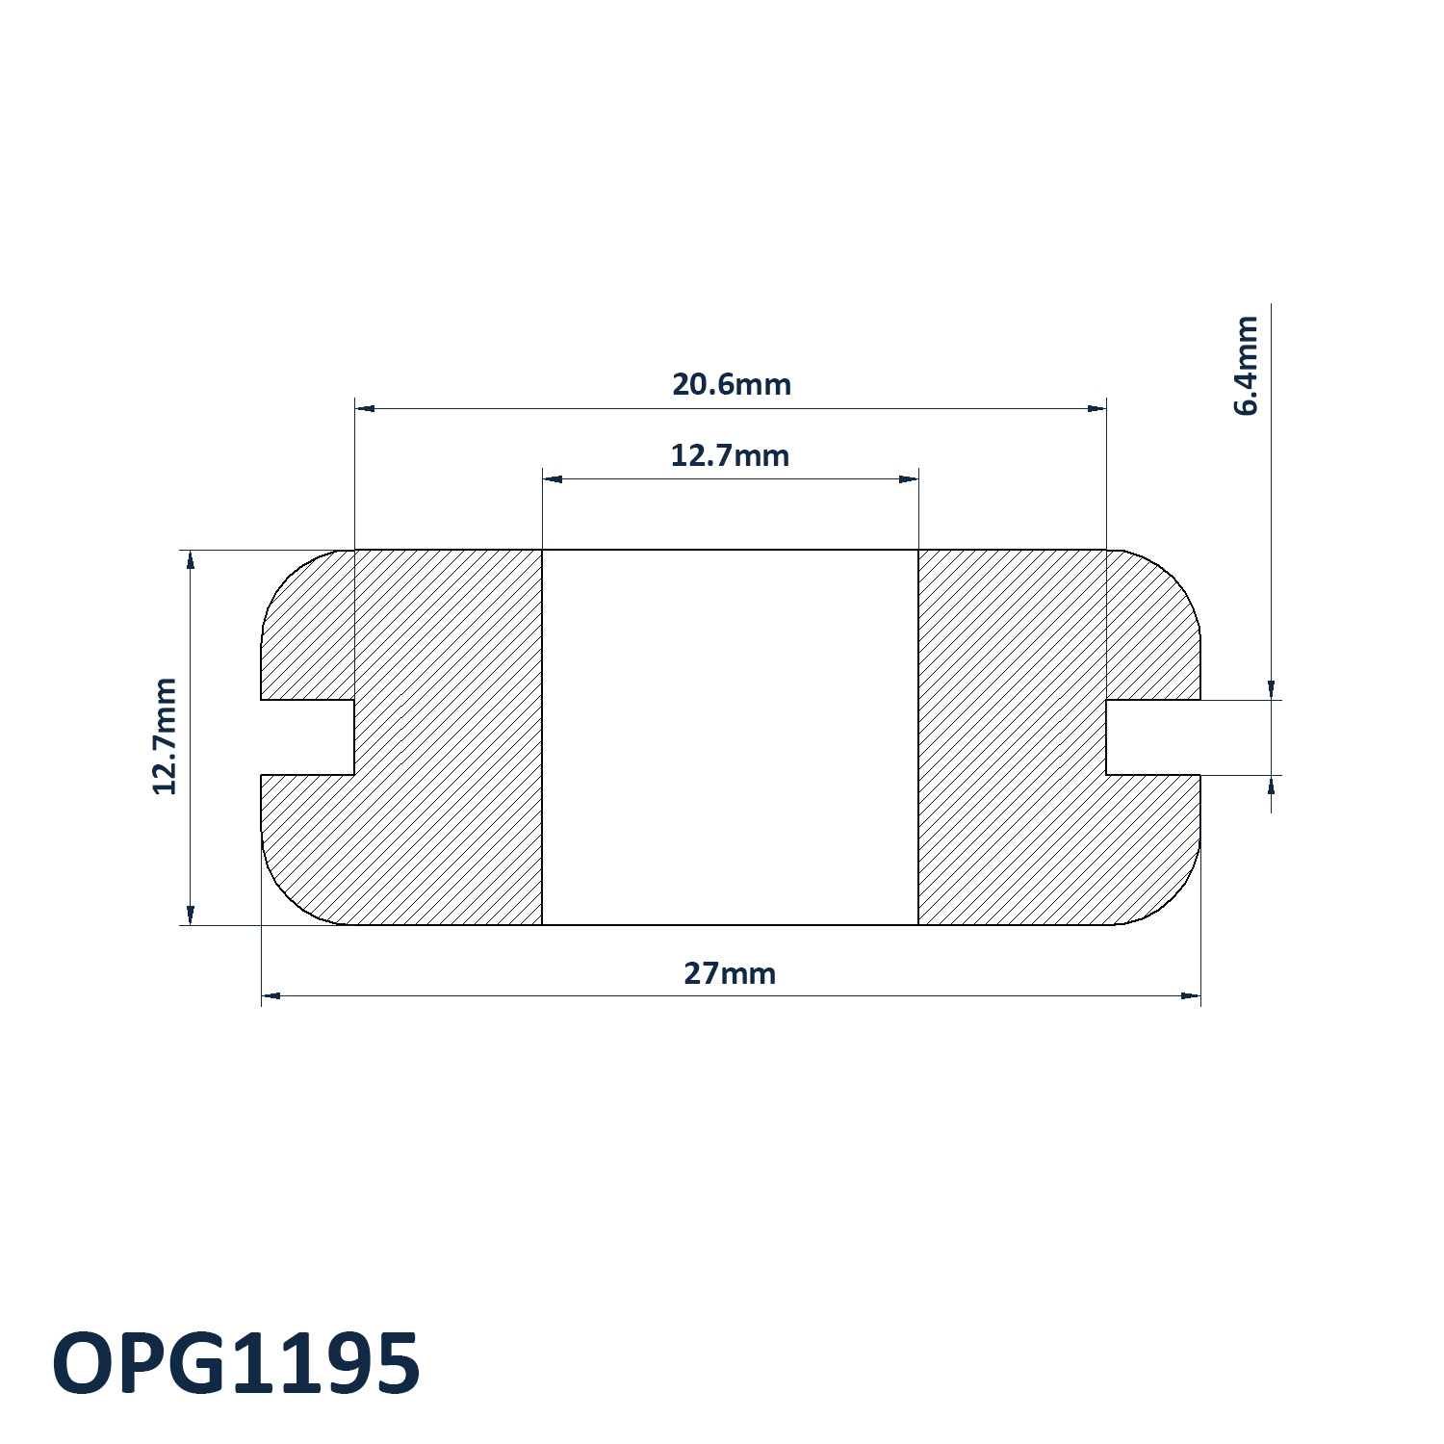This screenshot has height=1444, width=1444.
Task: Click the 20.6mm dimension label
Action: [731, 384]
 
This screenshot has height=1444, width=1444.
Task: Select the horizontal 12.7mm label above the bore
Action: [730, 455]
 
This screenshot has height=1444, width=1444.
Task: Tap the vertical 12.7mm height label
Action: [165, 736]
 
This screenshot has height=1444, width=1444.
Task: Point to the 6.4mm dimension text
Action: [1246, 365]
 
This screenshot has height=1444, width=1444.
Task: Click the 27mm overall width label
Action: [730, 973]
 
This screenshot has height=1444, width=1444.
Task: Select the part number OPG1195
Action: [236, 1363]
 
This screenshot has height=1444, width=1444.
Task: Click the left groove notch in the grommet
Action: [308, 737]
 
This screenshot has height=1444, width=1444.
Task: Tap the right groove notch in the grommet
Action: [1153, 737]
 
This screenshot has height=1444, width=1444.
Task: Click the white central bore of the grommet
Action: [730, 737]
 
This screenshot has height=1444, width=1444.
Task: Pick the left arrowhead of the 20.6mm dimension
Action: [365, 409]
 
